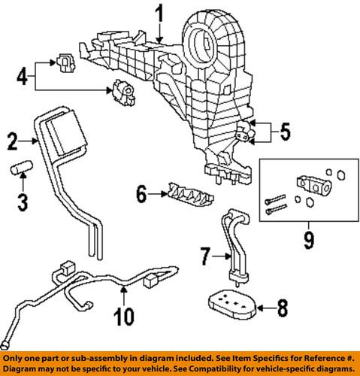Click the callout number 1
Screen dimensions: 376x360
point(159,13)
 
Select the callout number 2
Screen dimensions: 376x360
point(12,140)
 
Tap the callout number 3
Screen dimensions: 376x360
point(22,202)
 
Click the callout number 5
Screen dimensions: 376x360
point(284,134)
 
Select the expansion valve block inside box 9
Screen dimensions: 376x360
point(310,183)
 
